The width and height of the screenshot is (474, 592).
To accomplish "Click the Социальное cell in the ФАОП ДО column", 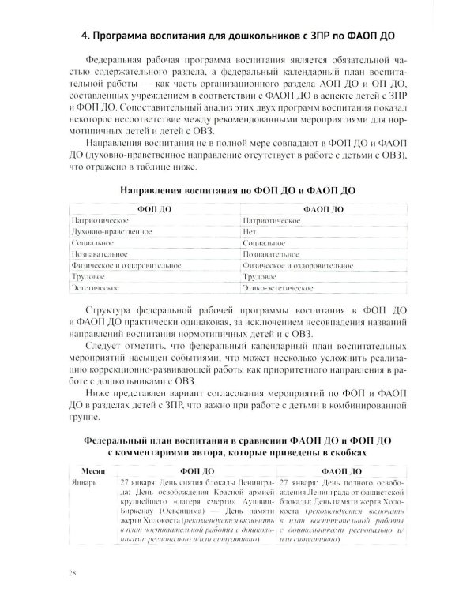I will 265,245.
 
